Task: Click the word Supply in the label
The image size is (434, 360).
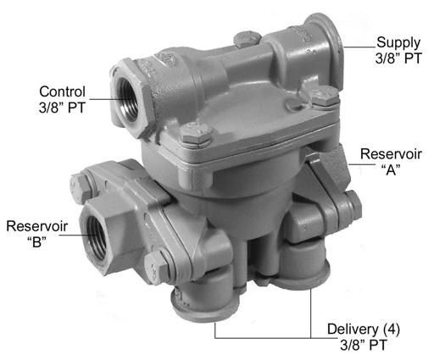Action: click(398, 43)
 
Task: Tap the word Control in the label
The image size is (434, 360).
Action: click(62, 91)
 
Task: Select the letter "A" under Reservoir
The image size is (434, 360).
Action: click(391, 170)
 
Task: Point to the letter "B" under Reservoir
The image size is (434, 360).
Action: click(37, 241)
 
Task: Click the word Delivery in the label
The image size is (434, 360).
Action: click(353, 330)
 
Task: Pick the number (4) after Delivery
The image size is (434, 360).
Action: click(392, 330)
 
